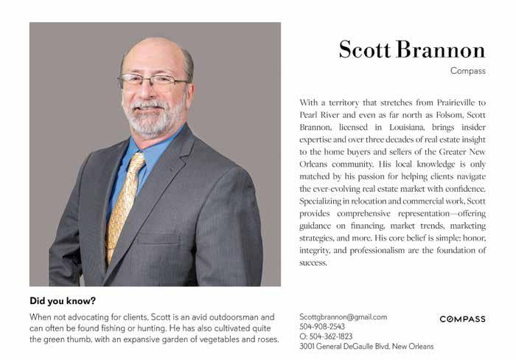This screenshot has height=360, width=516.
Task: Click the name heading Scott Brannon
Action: [x=411, y=49]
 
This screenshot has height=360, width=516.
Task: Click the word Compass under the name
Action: [x=467, y=71]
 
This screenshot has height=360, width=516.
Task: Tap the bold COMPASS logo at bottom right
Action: [x=462, y=319]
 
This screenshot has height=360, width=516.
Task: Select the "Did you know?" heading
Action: [x=63, y=301]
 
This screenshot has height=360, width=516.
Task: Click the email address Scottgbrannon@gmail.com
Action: [x=343, y=317]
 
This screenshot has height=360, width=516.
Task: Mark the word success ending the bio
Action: [x=313, y=263]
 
